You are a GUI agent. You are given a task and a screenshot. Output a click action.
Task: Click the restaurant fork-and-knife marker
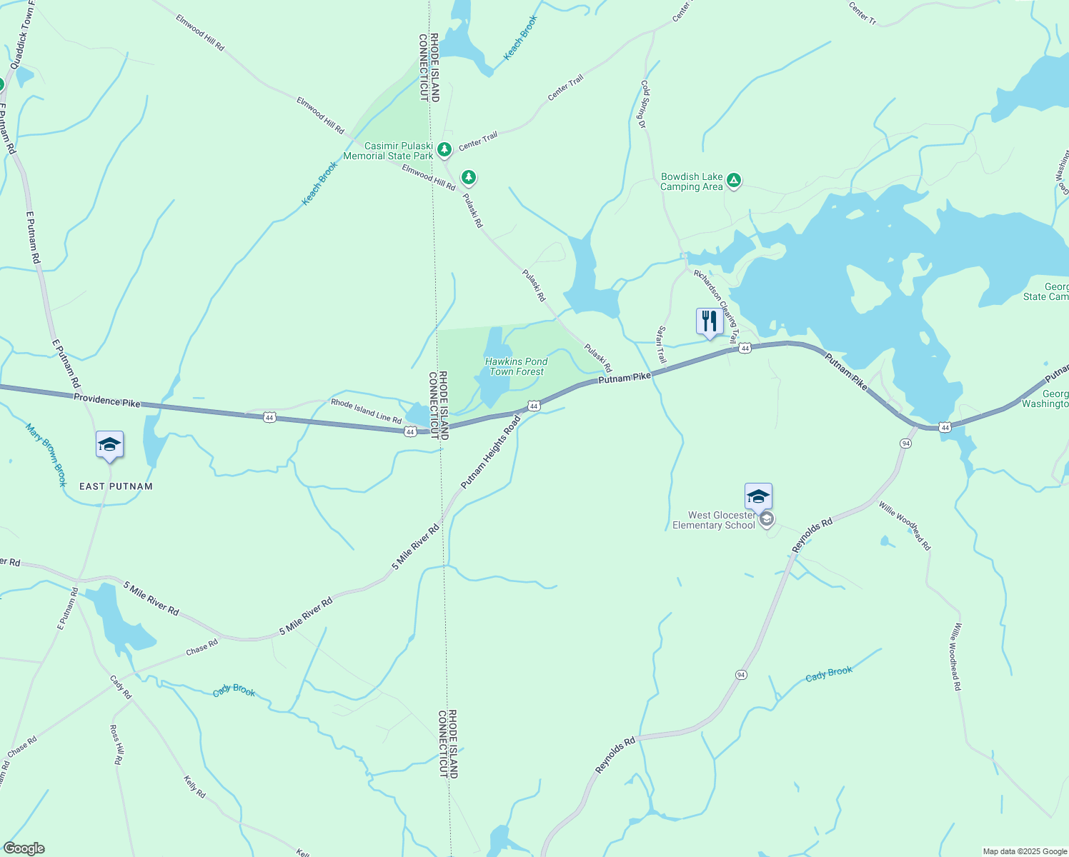[x=709, y=321]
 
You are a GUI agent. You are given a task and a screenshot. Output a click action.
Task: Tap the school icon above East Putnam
[x=109, y=445]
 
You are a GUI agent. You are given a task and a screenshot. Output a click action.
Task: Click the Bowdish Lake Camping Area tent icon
[x=734, y=181]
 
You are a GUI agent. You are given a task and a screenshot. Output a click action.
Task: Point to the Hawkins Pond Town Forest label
[x=516, y=366]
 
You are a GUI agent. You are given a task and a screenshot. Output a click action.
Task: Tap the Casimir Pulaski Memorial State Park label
[x=388, y=151]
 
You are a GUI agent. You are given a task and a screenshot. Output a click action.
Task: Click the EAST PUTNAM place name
[x=116, y=486]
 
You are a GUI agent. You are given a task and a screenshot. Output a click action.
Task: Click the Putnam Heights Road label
[x=491, y=453]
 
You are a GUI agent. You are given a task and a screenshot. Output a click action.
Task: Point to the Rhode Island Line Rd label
[x=366, y=411]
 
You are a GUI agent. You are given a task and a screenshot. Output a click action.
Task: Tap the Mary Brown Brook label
[x=46, y=455]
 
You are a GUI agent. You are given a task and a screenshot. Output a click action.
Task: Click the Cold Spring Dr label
[x=643, y=104]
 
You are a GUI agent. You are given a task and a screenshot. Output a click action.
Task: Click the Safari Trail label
[x=662, y=344]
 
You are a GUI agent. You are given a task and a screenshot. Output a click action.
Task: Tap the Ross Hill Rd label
[x=116, y=744]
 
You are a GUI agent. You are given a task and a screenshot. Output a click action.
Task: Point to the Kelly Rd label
[x=194, y=786]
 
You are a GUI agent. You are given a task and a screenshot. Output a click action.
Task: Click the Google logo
[x=24, y=848]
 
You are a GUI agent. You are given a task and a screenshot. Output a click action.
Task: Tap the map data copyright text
[x=1025, y=851]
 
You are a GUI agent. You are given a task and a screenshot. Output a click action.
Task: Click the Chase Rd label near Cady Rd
[x=202, y=648]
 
